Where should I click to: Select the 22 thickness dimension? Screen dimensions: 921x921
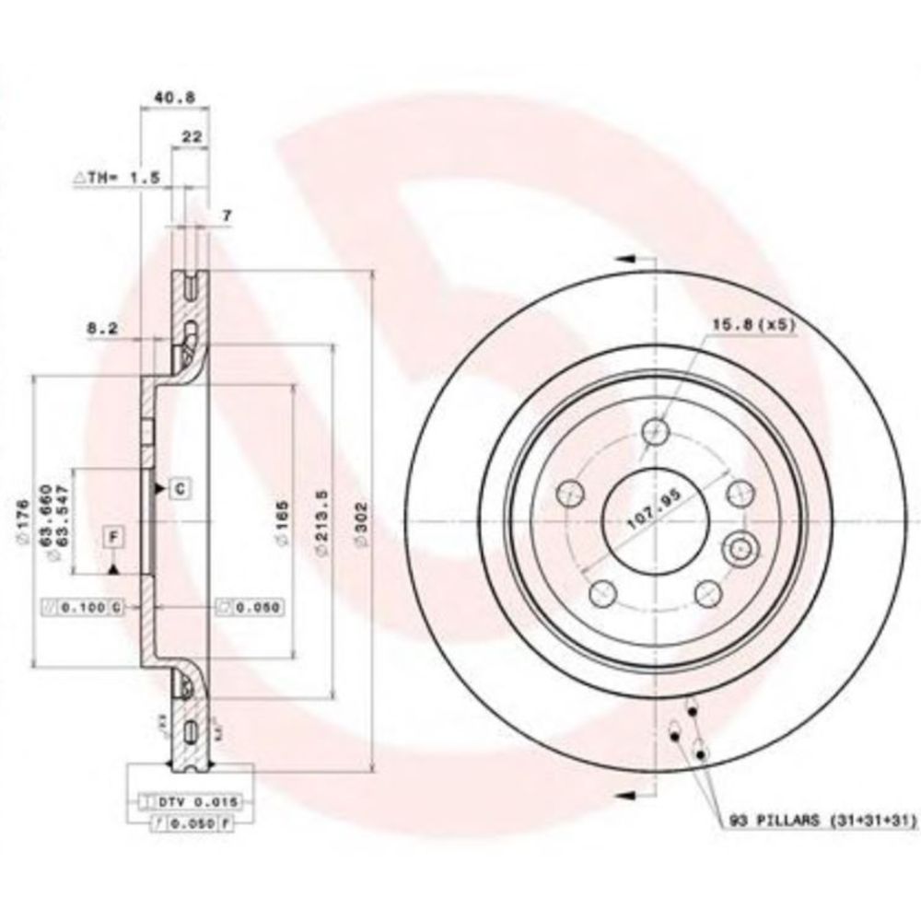pyautogui.click(x=192, y=135)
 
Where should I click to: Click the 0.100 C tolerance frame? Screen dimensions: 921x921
pyautogui.click(x=85, y=606)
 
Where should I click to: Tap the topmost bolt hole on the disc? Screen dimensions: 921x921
pyautogui.click(x=655, y=429)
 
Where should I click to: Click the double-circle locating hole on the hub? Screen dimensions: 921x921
pyautogui.click(x=739, y=549)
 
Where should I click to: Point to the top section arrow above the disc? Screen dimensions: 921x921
pyautogui.click(x=628, y=261)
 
